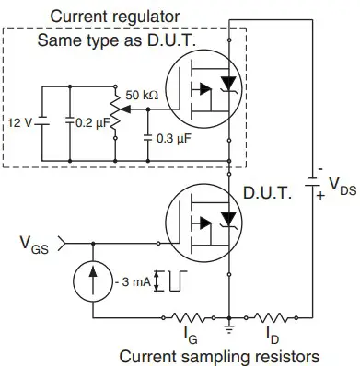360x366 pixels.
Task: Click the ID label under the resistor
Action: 272,333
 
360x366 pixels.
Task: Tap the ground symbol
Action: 228,327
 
